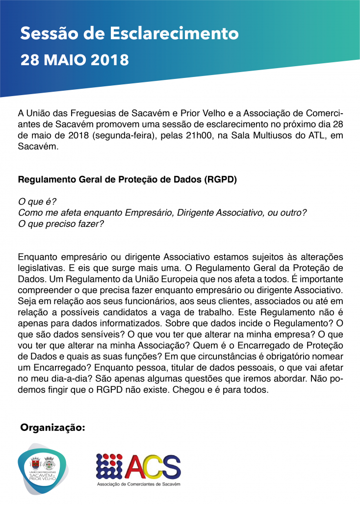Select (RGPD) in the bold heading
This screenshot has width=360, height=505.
tap(220, 179)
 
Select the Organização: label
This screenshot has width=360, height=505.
tap(52, 428)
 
